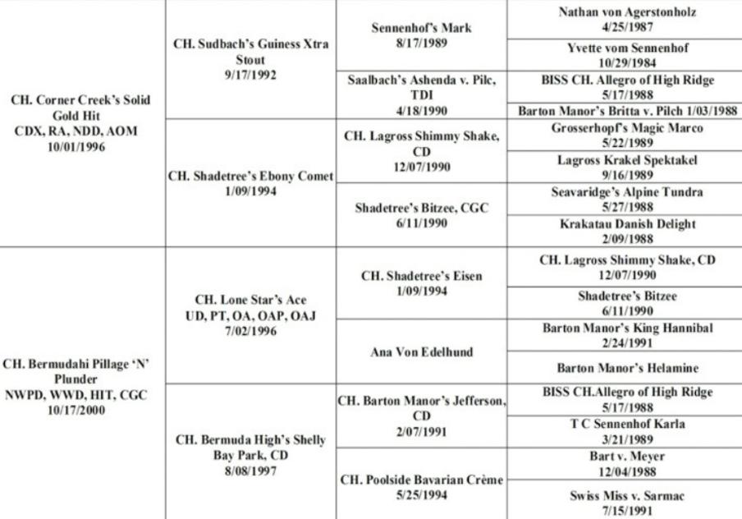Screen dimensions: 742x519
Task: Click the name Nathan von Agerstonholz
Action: [627, 11]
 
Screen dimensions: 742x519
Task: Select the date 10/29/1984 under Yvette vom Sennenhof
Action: [627, 63]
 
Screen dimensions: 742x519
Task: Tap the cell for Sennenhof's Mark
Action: [421, 35]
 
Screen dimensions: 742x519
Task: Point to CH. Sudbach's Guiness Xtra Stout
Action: [251, 52]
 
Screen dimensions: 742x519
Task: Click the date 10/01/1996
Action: [76, 147]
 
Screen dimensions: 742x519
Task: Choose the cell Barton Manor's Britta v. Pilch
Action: [627, 111]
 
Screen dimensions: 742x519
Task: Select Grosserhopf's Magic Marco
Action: [627, 128]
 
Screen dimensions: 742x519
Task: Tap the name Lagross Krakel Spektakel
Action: [627, 160]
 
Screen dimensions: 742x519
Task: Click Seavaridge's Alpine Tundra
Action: [627, 192]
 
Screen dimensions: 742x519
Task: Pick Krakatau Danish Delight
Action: [627, 223]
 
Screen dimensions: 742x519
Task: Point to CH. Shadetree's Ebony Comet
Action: [251, 177]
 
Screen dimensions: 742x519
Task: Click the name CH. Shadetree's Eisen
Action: [422, 276]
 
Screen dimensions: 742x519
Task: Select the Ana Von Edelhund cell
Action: [422, 351]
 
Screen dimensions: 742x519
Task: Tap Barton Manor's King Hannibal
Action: [627, 328]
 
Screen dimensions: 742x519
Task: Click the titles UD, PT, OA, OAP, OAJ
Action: [251, 316]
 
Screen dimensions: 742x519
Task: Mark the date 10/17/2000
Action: [76, 410]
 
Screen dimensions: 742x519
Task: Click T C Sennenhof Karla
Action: [627, 424]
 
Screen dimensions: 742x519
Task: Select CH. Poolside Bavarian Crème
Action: [422, 480]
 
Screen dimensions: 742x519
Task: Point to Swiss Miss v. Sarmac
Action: [627, 496]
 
